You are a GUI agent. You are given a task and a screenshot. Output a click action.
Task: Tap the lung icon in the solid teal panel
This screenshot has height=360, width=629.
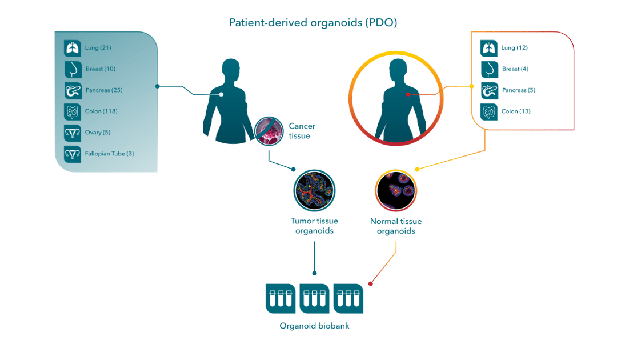(x=73, y=48)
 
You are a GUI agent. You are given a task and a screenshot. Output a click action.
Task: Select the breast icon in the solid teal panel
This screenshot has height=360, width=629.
(x=73, y=69)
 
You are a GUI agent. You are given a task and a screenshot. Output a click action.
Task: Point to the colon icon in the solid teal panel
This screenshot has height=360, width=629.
(x=73, y=111)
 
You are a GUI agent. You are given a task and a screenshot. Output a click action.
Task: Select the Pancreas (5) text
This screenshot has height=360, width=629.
(x=518, y=90)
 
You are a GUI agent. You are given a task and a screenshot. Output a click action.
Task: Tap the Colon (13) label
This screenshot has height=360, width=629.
(x=515, y=111)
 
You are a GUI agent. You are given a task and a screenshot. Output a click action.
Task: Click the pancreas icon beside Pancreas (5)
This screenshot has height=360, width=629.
(x=490, y=90)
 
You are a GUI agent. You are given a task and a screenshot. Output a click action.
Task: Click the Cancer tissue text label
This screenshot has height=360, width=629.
(x=301, y=131)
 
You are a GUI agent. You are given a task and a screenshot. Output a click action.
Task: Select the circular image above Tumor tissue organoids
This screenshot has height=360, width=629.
(x=314, y=190)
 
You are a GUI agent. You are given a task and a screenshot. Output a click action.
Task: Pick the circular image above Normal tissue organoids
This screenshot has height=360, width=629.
(x=396, y=190)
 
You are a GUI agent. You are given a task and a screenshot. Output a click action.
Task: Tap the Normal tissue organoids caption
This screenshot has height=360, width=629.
(x=396, y=226)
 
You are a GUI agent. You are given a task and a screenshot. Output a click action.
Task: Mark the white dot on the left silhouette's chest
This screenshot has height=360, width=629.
(x=221, y=94)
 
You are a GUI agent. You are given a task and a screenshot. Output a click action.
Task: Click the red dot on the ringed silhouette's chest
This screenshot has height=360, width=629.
(x=407, y=94)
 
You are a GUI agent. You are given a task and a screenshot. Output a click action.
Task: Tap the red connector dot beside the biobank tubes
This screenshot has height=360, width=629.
(x=371, y=284)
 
